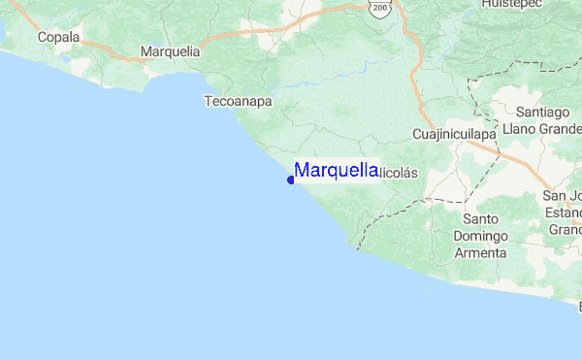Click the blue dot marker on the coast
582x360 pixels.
291,180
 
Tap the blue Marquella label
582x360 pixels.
336,170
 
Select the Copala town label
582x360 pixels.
57,38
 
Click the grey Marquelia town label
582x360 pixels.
170,50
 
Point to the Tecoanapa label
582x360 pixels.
238,100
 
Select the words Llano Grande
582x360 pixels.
539,128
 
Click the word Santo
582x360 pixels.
480,219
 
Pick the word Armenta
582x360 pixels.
480,252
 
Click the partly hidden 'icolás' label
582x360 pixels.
397,173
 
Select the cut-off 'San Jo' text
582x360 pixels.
565,196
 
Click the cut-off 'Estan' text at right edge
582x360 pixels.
565,213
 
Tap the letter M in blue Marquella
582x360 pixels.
302,170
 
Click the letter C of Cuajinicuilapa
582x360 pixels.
417,133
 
